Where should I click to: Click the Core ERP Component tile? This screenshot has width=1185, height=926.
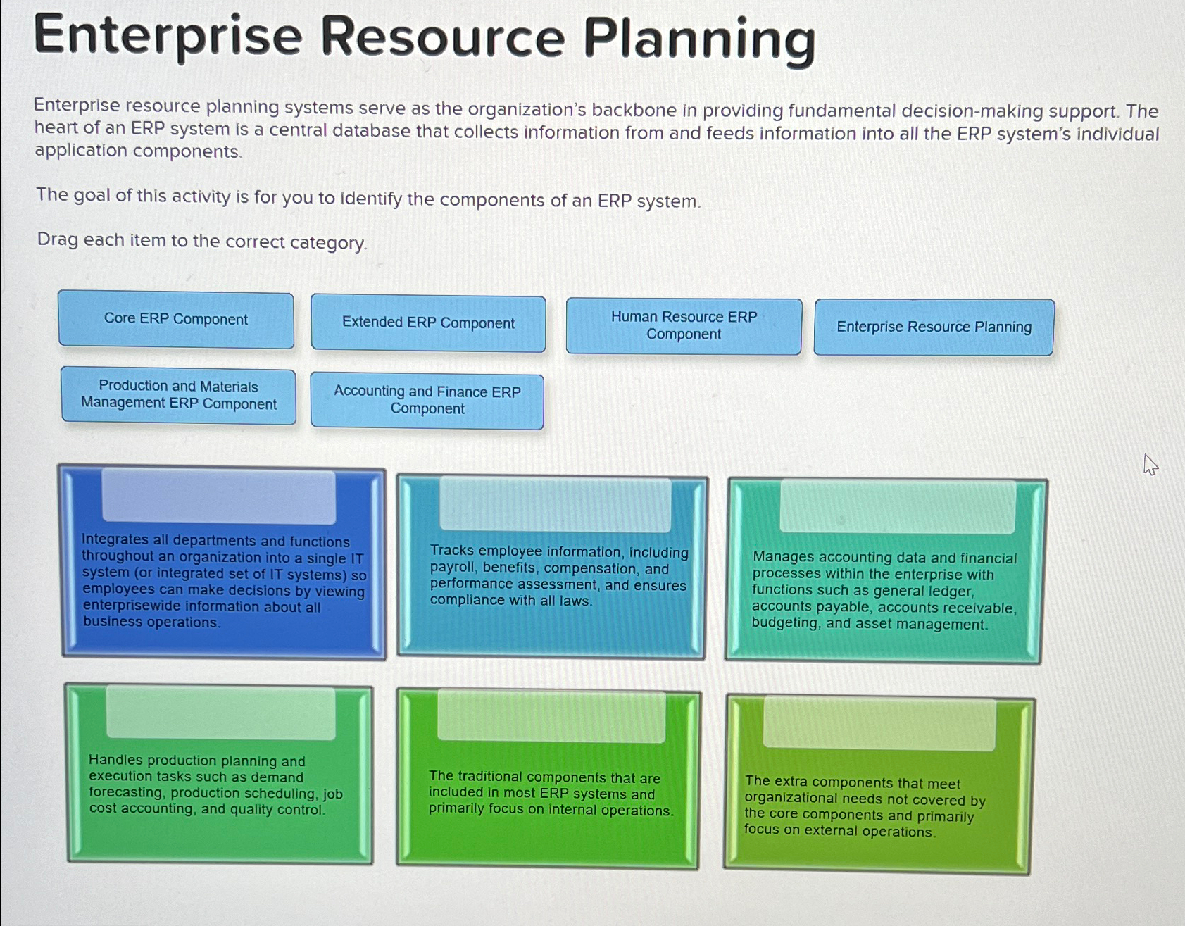point(176,320)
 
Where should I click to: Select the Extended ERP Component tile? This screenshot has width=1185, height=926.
point(428,323)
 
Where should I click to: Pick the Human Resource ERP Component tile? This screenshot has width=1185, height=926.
point(684,326)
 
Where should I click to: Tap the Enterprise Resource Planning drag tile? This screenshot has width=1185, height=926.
point(934,327)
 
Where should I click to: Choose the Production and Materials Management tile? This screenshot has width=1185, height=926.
point(178,395)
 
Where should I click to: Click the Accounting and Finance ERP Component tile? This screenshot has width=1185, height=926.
point(427,401)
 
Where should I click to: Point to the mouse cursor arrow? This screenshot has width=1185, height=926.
point(1150,465)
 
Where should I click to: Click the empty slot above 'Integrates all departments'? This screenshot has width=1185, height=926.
point(218,496)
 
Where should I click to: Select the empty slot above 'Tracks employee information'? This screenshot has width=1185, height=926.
point(556,504)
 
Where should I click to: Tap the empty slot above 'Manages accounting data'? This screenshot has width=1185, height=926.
point(898,506)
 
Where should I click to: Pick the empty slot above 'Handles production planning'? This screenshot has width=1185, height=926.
point(221,713)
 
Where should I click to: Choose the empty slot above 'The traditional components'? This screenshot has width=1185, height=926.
point(551,716)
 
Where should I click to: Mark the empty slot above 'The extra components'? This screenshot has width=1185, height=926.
point(879,724)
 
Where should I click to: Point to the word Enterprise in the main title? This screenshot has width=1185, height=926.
point(168,37)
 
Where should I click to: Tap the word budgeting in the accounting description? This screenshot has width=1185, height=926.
point(785,623)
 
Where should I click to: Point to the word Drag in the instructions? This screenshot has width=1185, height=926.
point(58,240)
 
